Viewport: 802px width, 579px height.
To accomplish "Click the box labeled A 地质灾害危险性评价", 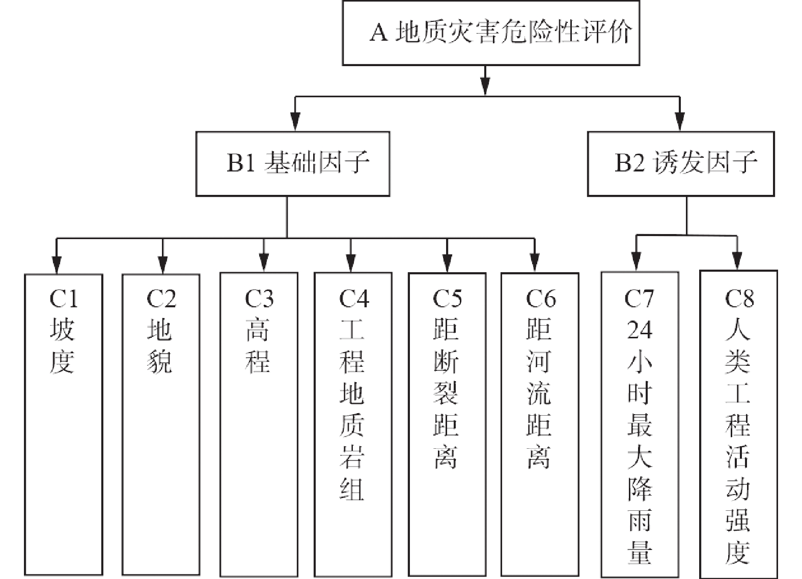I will click(x=490, y=33).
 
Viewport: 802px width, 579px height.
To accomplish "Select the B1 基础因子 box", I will click(x=293, y=164).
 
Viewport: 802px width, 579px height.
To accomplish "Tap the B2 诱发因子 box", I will click(x=681, y=164).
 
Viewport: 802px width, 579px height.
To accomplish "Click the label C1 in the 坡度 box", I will click(x=64, y=299).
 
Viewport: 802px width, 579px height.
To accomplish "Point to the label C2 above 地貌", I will click(x=161, y=299).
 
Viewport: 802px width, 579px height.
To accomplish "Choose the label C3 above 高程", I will click(x=259, y=299).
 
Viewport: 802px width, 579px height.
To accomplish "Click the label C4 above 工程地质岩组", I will click(x=353, y=299).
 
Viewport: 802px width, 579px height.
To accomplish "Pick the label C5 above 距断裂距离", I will click(x=447, y=299).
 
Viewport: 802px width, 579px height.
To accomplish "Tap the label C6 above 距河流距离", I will click(x=540, y=299).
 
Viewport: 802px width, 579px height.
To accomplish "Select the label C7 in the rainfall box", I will click(x=639, y=299).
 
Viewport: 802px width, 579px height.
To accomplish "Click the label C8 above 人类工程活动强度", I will click(x=739, y=299).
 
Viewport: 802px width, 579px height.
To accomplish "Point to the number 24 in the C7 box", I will click(x=639, y=330).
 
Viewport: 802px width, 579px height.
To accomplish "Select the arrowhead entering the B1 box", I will click(x=294, y=123).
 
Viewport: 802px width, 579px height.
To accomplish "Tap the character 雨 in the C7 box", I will click(x=639, y=520).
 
